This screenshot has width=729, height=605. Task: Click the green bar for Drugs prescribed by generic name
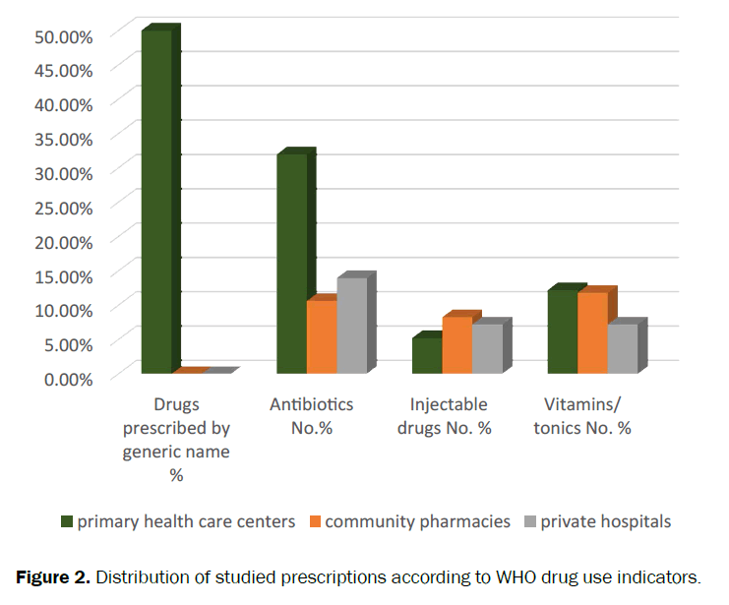(x=155, y=202)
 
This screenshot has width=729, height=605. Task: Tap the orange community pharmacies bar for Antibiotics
(x=322, y=336)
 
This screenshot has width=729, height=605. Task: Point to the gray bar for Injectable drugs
(x=487, y=348)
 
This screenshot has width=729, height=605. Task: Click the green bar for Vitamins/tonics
(x=563, y=332)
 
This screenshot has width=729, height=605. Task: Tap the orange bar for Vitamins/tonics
(x=592, y=333)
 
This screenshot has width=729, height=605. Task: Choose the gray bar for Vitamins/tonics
(x=623, y=348)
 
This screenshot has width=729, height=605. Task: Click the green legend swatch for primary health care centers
(x=67, y=521)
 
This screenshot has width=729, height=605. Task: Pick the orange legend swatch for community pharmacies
(x=315, y=521)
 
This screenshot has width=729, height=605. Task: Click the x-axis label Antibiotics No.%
(x=311, y=416)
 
